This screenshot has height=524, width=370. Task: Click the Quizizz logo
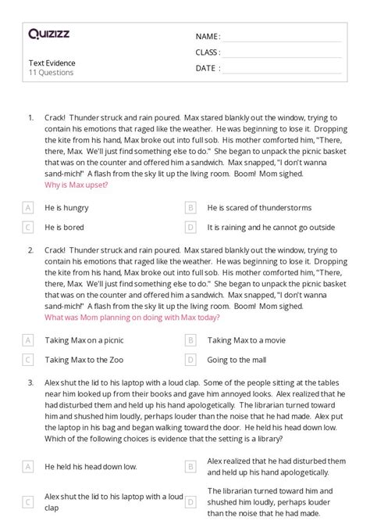[x=48, y=34]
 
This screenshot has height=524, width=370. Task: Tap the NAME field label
[x=208, y=37]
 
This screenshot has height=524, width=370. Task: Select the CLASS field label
[x=208, y=52]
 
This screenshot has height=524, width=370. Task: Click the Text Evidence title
[x=52, y=63]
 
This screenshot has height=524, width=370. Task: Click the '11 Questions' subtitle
[x=51, y=73]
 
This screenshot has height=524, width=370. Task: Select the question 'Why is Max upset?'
[x=76, y=185]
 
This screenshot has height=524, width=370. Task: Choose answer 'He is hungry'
[x=67, y=208]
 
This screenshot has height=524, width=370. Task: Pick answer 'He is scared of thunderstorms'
[x=259, y=208]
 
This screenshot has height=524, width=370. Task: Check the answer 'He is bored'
[x=64, y=228]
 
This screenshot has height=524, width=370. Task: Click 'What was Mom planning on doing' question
[x=133, y=318]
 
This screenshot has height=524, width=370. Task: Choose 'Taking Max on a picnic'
[x=84, y=340]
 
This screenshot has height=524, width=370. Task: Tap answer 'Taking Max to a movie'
[x=247, y=340]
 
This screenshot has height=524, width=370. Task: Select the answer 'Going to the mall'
[x=237, y=360]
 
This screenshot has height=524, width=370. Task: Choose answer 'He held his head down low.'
[x=91, y=466]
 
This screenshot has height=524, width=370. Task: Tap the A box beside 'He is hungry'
[x=28, y=208]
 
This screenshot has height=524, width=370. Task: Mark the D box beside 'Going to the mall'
[x=190, y=360]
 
